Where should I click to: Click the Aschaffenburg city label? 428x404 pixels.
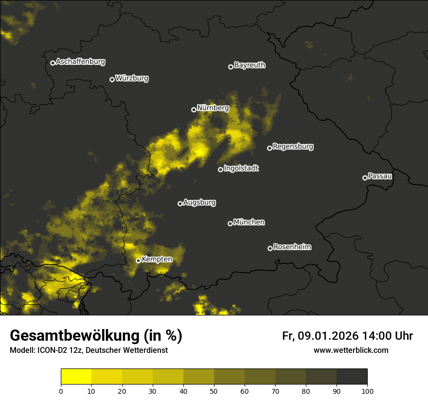point(80,62)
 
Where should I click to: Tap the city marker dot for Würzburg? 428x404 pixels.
point(112,79)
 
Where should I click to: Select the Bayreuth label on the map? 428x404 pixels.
point(250,65)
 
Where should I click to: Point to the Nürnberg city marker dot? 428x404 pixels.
point(194,110)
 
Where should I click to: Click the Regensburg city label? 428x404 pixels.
point(293,147)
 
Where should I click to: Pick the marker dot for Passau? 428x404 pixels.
point(365,178)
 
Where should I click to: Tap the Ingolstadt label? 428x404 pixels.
point(241,168)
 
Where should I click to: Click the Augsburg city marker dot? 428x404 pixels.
point(180,203)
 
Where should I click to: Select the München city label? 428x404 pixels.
point(249,222)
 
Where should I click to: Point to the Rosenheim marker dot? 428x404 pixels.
point(270,248)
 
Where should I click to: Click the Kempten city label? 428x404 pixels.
point(157,259)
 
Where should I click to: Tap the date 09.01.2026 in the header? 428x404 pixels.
point(328,336)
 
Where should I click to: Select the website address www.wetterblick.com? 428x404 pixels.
point(351,350)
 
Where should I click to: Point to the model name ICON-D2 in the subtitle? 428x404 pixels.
point(50,350)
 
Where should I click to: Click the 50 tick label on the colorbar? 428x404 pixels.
point(214,391)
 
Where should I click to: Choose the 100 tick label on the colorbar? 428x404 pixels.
point(367,391)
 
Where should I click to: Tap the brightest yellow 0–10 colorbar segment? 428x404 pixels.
point(76,377)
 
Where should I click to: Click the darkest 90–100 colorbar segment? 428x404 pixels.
point(352,377)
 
